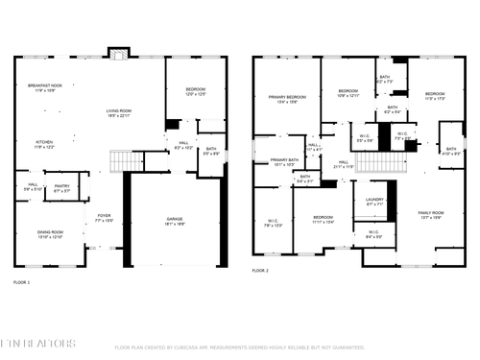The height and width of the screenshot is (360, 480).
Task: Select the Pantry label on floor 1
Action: (61, 188)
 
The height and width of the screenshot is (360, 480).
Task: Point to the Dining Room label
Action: (50, 233)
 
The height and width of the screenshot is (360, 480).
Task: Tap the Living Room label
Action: (119, 113)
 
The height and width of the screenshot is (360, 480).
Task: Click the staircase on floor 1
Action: (123, 160)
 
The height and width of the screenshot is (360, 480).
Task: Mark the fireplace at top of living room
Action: (118, 52)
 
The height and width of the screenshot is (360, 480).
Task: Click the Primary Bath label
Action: (283, 162)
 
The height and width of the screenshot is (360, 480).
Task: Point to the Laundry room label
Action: (374, 203)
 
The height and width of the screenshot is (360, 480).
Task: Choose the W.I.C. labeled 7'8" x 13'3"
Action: (273, 225)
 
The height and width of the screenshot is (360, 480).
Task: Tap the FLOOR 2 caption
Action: (260, 272)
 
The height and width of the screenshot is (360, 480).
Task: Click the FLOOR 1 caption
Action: (21, 282)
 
